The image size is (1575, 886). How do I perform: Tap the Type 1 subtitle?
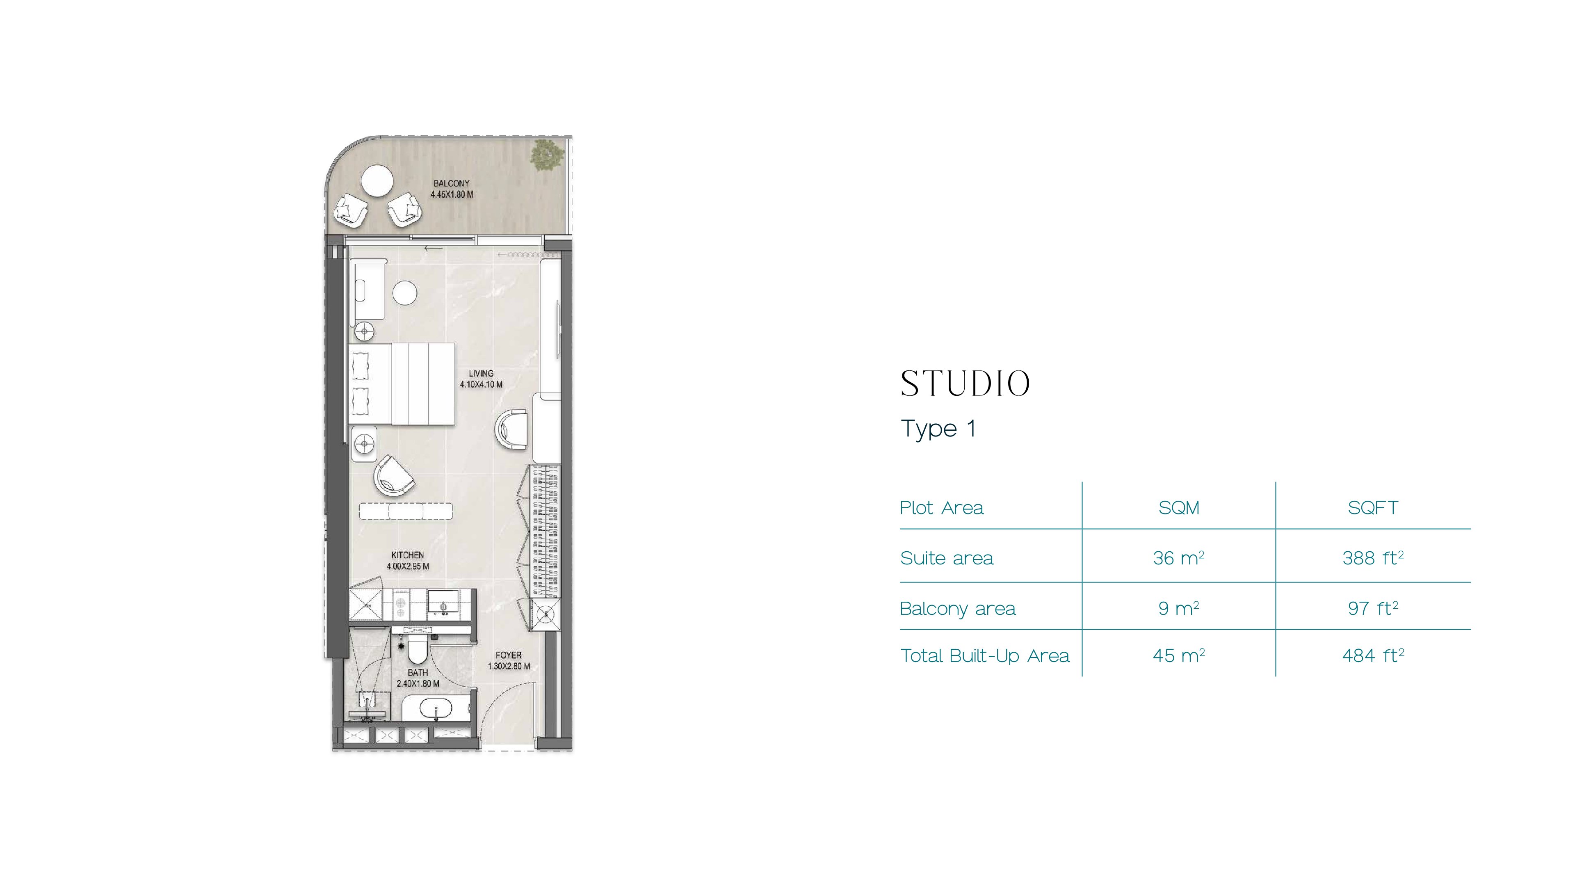click(938, 429)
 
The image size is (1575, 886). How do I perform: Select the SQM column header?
click(1179, 507)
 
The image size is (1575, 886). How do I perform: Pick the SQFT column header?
click(1373, 507)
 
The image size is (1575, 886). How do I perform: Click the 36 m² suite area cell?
click(1179, 558)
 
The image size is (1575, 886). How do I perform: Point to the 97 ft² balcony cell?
click(1373, 608)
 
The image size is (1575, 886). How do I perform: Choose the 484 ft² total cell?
click(1373, 655)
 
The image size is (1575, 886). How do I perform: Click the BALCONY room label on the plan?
click(451, 183)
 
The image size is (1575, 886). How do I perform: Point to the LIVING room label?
click(481, 373)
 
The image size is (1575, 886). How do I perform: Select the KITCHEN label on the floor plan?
click(408, 555)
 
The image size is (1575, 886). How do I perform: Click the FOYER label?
click(509, 655)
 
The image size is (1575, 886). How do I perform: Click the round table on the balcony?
click(377, 181)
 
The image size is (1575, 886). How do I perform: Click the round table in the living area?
click(405, 292)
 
